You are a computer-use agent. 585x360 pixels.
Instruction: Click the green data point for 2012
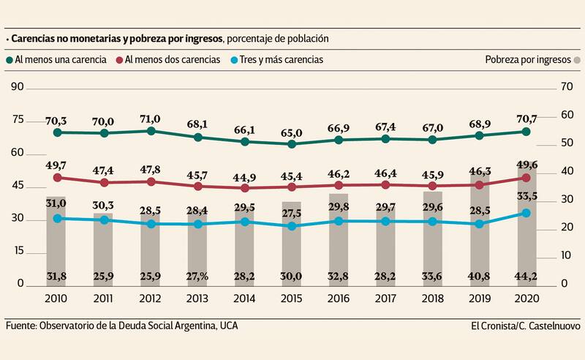tap(151, 131)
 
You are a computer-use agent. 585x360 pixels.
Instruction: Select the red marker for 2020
tap(525, 178)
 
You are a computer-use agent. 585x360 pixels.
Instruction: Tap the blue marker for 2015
tap(292, 226)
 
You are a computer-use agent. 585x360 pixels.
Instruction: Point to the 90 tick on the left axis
tap(18, 87)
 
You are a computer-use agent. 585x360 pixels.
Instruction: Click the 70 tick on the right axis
tap(565, 87)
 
